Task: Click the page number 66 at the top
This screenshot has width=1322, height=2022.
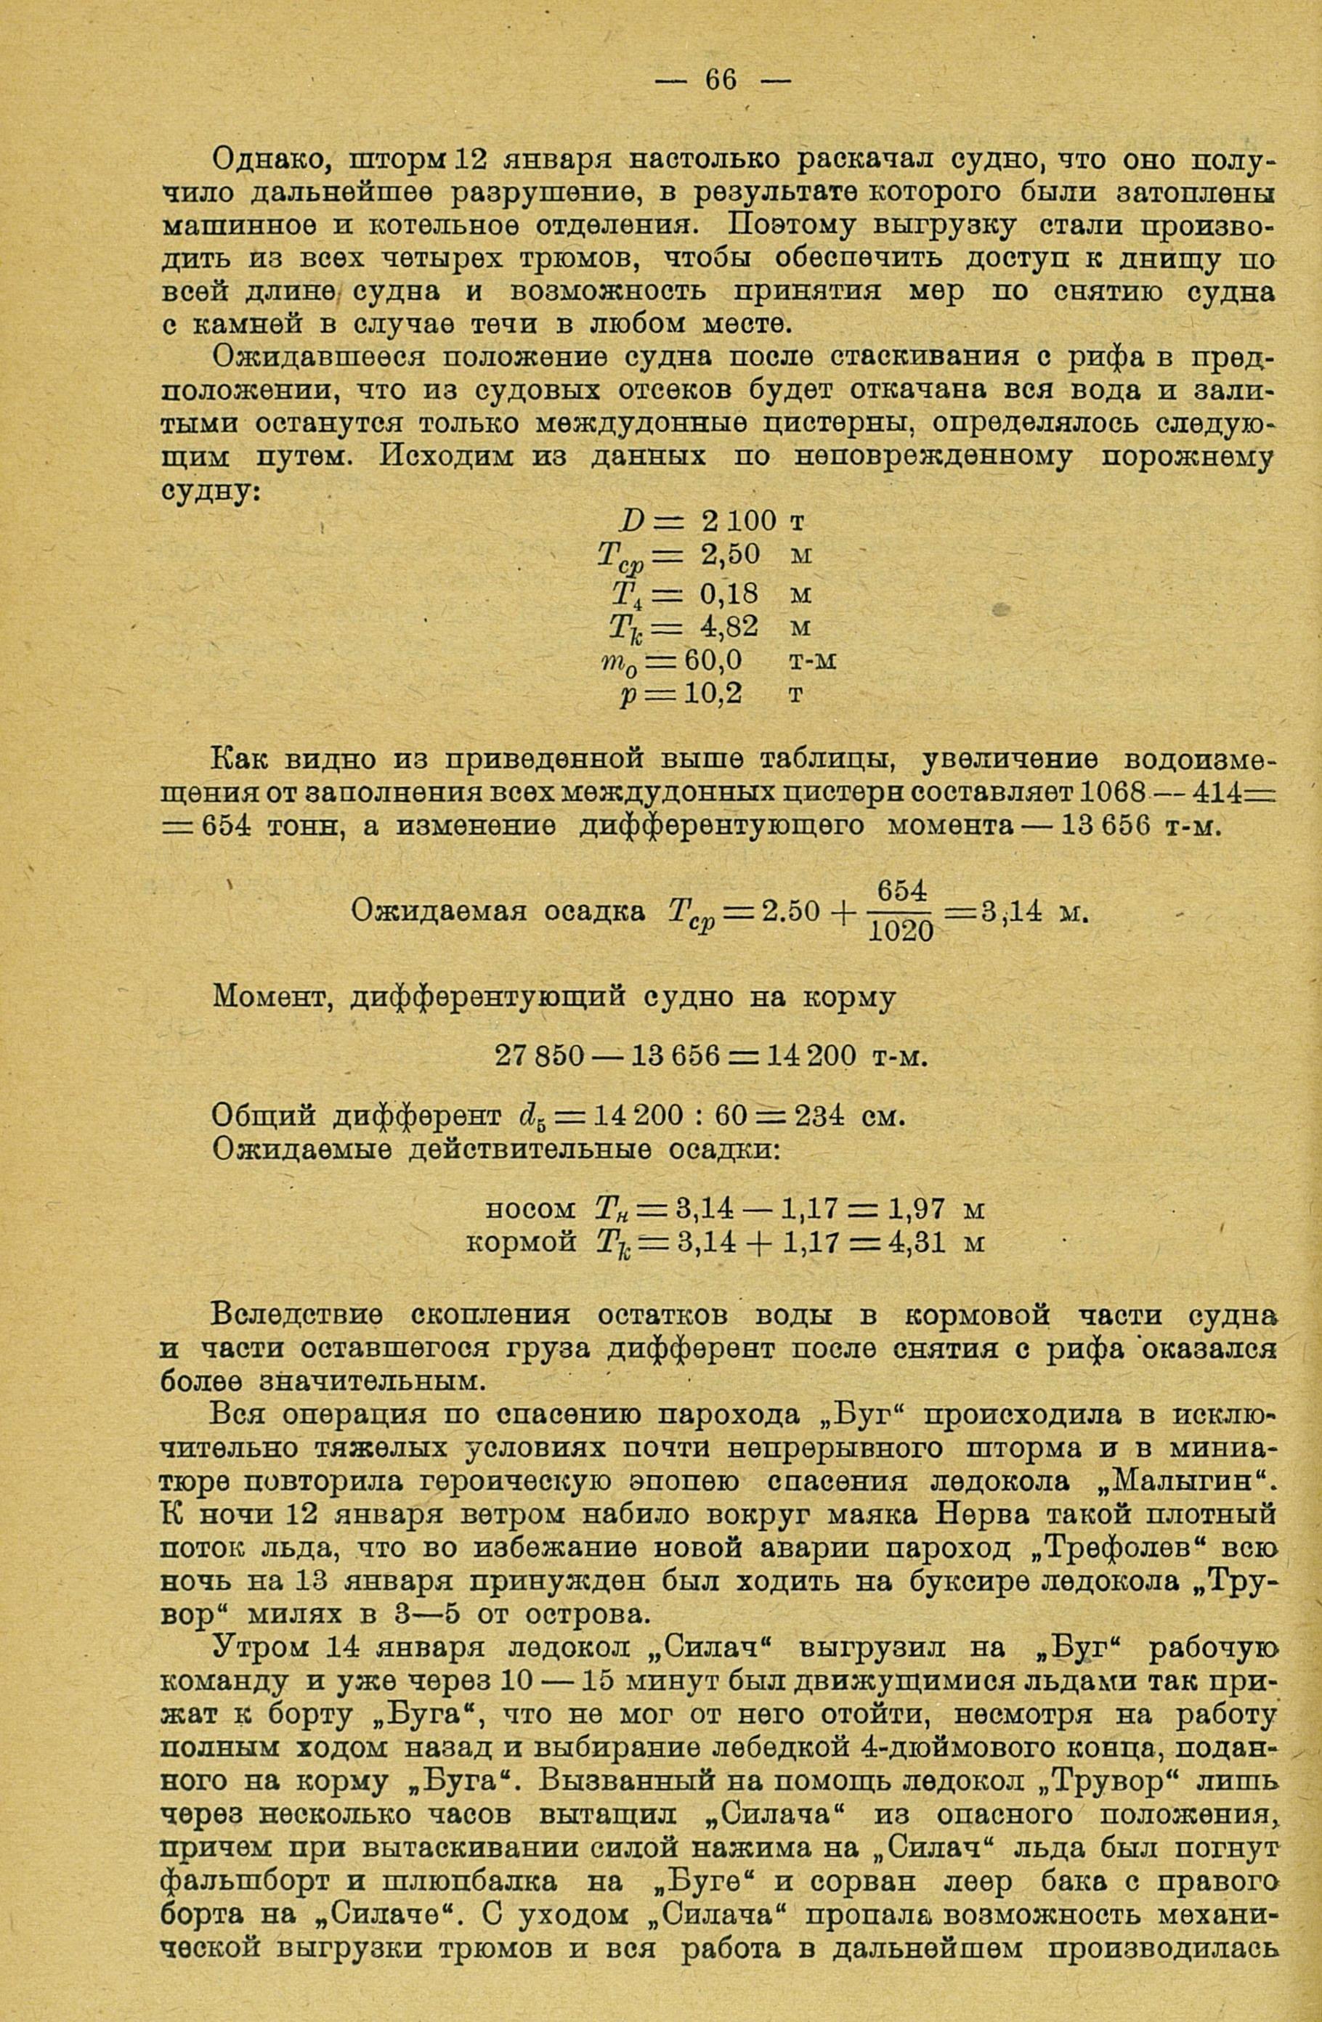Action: pyautogui.click(x=721, y=80)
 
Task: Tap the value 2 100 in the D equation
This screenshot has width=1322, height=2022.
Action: pyautogui.click(x=738, y=521)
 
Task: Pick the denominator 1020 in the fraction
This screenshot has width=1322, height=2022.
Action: pyautogui.click(x=900, y=932)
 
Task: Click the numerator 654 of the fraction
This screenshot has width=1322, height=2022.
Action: pyautogui.click(x=900, y=891)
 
